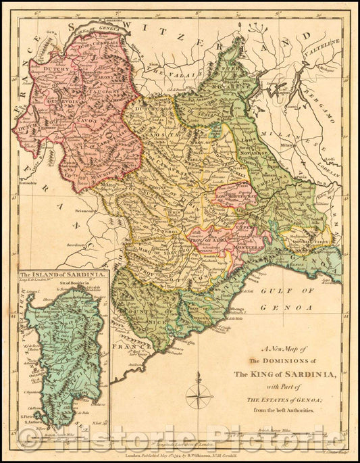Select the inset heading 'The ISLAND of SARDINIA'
point(62,275)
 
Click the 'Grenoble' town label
point(27,183)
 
